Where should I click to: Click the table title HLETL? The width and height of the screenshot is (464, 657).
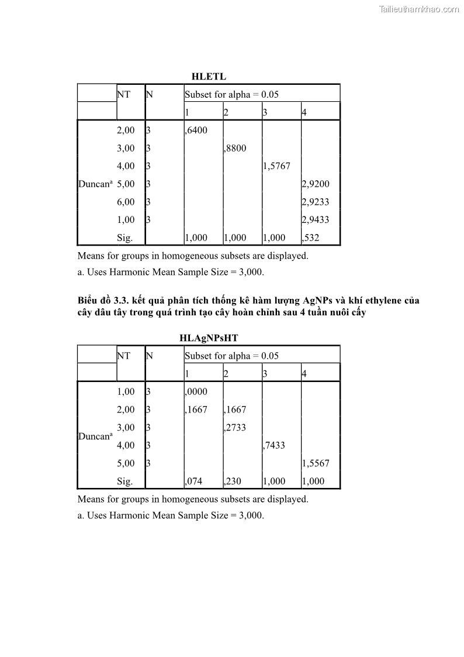(x=209, y=77)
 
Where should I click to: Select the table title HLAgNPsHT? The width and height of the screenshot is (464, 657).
(x=209, y=338)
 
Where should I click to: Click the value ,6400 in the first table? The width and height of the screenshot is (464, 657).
(x=196, y=130)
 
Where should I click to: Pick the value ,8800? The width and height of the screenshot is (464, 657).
(x=235, y=149)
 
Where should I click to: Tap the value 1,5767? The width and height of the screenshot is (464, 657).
(x=276, y=166)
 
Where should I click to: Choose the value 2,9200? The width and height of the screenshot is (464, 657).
(x=316, y=184)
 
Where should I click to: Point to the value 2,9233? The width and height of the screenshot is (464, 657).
(x=316, y=202)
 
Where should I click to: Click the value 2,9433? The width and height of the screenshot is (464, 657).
(x=316, y=220)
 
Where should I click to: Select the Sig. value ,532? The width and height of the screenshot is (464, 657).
(x=311, y=238)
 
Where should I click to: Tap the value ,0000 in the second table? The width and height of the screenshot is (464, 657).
(x=196, y=392)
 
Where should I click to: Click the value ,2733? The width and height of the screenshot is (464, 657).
(x=235, y=428)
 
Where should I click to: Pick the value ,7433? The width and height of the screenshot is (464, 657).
(x=274, y=445)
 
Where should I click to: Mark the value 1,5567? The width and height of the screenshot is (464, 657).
(x=316, y=463)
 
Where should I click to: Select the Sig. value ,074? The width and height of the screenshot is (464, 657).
(x=193, y=481)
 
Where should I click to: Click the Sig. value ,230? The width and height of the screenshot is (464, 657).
(x=233, y=481)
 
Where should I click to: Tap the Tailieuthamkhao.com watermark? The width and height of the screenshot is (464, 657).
(x=419, y=9)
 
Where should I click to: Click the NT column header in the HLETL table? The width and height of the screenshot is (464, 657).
(x=123, y=94)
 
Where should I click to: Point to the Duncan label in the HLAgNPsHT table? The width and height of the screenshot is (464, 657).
(x=95, y=436)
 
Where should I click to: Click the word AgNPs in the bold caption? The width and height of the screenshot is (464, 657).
(x=319, y=301)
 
